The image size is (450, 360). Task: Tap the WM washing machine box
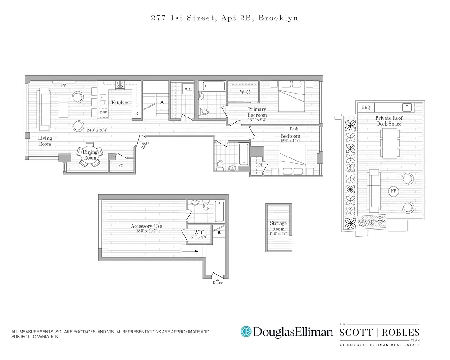[188, 90]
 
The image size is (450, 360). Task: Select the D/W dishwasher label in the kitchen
[103, 112]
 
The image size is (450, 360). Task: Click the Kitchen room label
[120, 103]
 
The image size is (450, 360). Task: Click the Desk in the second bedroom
[294, 130]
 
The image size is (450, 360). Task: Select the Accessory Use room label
[146, 226]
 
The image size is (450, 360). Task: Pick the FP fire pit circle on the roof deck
[393, 191]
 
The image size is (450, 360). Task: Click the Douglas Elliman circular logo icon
[246, 332]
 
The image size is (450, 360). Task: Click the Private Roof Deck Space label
[390, 121]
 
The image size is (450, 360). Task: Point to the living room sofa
[44, 108]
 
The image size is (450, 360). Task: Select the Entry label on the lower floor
[218, 283]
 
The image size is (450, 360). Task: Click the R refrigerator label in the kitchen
[136, 114]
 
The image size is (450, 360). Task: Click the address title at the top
[224, 18]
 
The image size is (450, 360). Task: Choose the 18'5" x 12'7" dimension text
[146, 231]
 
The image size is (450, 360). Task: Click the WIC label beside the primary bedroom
[245, 92]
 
